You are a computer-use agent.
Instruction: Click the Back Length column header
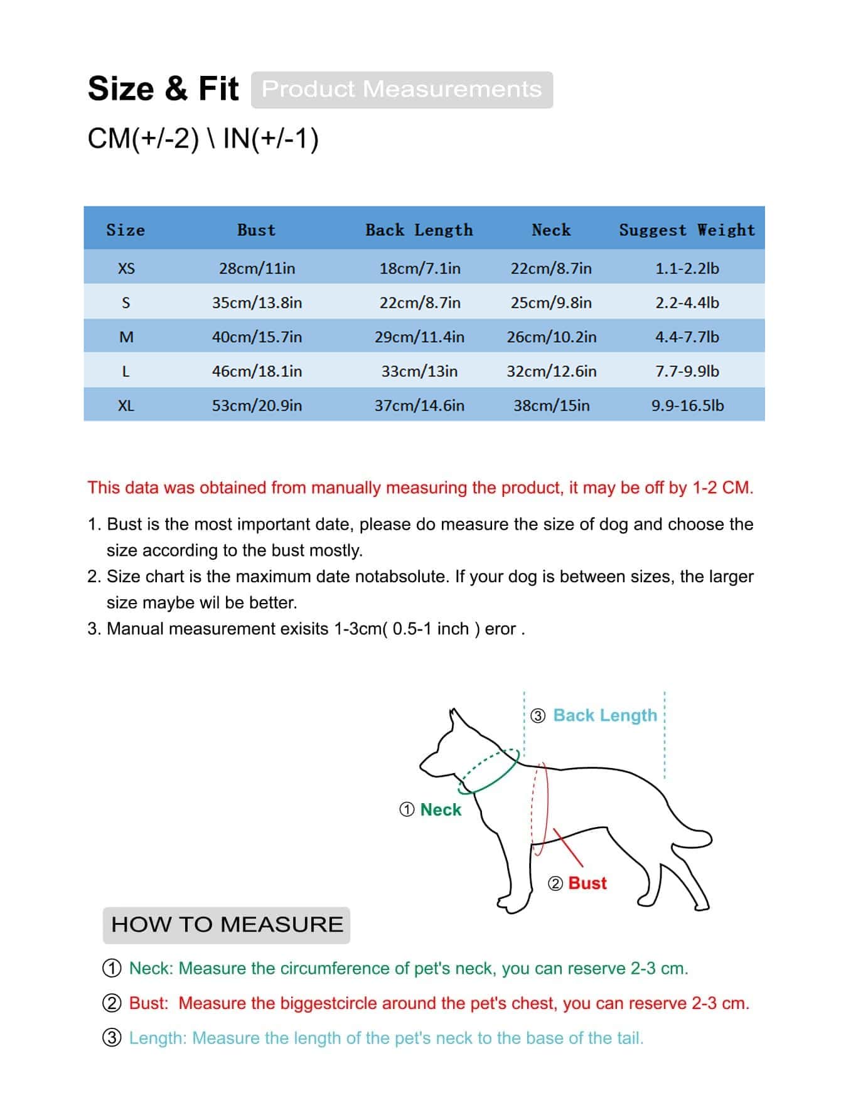coord(419,230)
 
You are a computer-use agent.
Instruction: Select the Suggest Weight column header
coord(687,230)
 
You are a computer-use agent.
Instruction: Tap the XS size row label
coord(126,269)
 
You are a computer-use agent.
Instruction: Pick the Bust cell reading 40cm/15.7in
coord(257,337)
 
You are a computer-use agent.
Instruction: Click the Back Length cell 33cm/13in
coord(419,371)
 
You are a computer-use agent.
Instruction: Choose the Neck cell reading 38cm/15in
coord(551,406)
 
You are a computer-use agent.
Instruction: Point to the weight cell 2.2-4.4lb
coord(687,303)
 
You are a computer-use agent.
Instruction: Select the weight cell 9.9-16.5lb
coord(687,406)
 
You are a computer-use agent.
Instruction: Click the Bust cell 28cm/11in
coord(257,269)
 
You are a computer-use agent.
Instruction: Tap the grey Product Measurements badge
coord(402,89)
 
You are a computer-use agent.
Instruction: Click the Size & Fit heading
coord(163,88)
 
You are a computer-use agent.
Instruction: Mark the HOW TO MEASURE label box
coord(227,925)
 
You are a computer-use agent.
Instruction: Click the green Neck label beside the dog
coord(441,810)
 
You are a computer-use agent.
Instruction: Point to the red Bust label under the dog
coord(587,883)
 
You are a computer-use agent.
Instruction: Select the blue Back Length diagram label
coord(605,716)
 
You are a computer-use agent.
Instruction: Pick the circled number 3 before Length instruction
coord(112,1038)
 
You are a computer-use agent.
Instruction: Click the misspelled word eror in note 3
coord(500,629)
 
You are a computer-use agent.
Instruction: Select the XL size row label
coord(126,406)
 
